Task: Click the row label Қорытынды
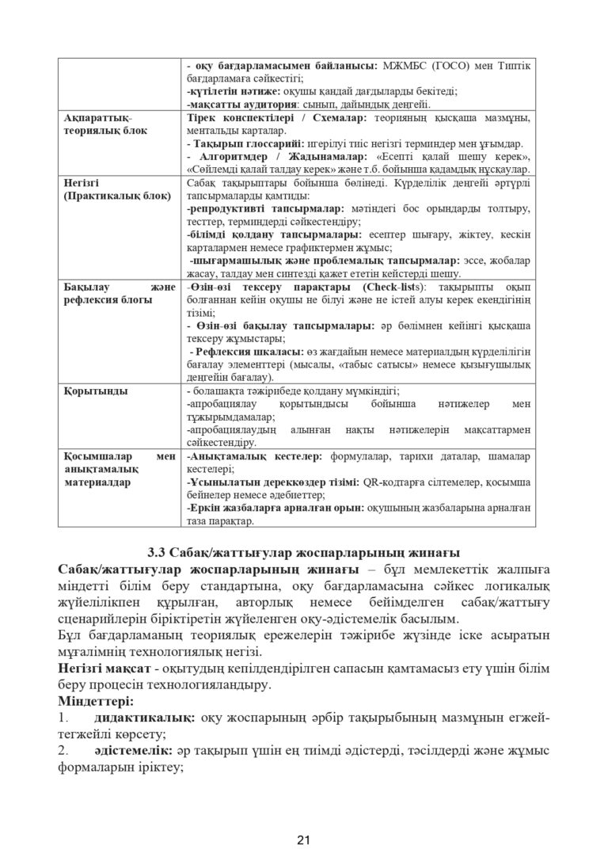pos(93,390)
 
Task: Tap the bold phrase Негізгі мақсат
pos(102,669)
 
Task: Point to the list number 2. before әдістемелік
pos(65,751)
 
